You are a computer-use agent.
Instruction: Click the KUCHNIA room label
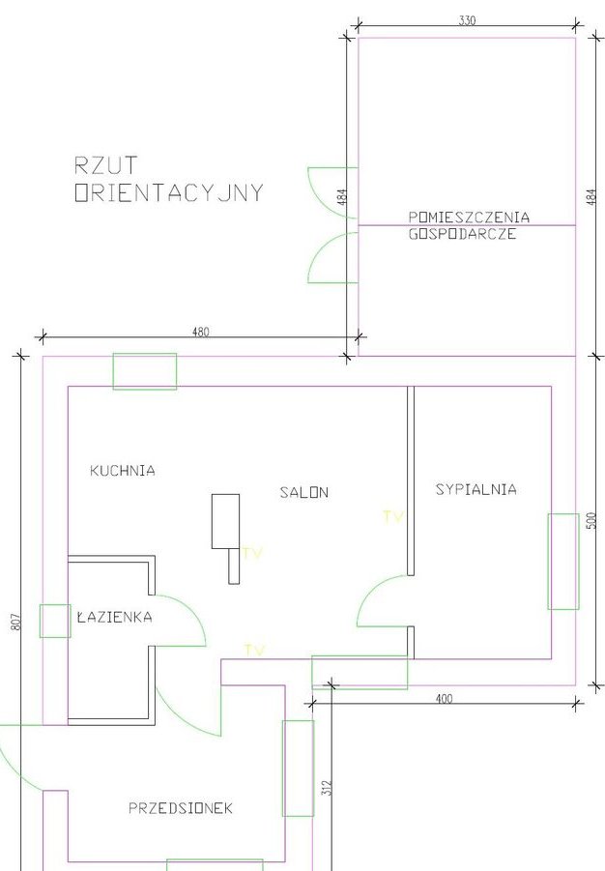click(122, 471)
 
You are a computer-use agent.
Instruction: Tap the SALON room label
click(303, 492)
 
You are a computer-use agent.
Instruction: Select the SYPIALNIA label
click(476, 489)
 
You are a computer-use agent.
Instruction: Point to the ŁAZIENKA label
click(114, 617)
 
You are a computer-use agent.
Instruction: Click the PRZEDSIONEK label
click(181, 808)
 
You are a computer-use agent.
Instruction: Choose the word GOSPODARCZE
click(462, 234)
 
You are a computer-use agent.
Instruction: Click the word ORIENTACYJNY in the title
click(169, 192)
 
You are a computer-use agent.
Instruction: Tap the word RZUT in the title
click(105, 165)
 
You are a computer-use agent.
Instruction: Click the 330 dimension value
click(467, 20)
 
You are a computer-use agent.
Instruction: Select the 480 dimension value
click(201, 333)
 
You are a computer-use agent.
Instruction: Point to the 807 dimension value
click(15, 621)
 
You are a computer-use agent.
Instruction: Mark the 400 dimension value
click(444, 699)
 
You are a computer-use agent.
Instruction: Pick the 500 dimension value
click(591, 520)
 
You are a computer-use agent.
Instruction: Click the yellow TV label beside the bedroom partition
click(392, 517)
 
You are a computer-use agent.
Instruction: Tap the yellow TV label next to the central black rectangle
click(251, 553)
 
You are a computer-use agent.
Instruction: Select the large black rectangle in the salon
click(225, 521)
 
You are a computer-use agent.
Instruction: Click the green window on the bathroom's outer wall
click(55, 621)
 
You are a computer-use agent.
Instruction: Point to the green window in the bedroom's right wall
click(563, 562)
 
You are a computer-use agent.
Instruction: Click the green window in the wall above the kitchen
click(145, 371)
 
